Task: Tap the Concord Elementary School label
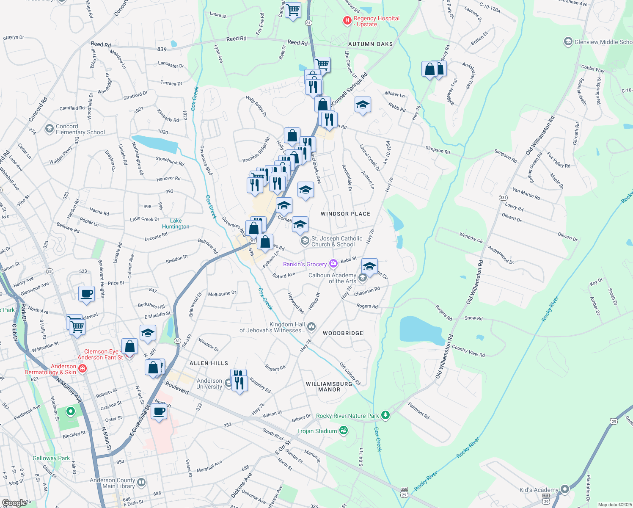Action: pyautogui.click(x=80, y=129)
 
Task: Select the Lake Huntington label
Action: pyautogui.click(x=176, y=224)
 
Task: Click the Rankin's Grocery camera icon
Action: pyautogui.click(x=333, y=264)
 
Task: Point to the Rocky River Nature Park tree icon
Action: pyautogui.click(x=385, y=415)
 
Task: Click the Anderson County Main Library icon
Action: pyautogui.click(x=141, y=482)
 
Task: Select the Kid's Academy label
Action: pyautogui.click(x=539, y=490)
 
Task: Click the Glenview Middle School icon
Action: pyautogui.click(x=568, y=41)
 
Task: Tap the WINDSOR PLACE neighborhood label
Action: pyautogui.click(x=345, y=214)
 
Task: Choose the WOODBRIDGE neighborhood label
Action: pyautogui.click(x=343, y=333)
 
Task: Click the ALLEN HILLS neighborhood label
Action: pyautogui.click(x=209, y=363)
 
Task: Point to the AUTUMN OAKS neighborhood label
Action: pyautogui.click(x=370, y=44)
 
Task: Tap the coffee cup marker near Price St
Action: pyautogui.click(x=87, y=293)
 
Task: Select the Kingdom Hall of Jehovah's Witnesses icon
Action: pyautogui.click(x=311, y=326)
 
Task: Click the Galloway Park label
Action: pyautogui.click(x=51, y=458)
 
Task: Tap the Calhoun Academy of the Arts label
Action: pyautogui.click(x=332, y=278)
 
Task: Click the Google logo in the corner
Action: pyautogui.click(x=14, y=503)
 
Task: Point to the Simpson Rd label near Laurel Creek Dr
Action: pyautogui.click(x=438, y=150)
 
